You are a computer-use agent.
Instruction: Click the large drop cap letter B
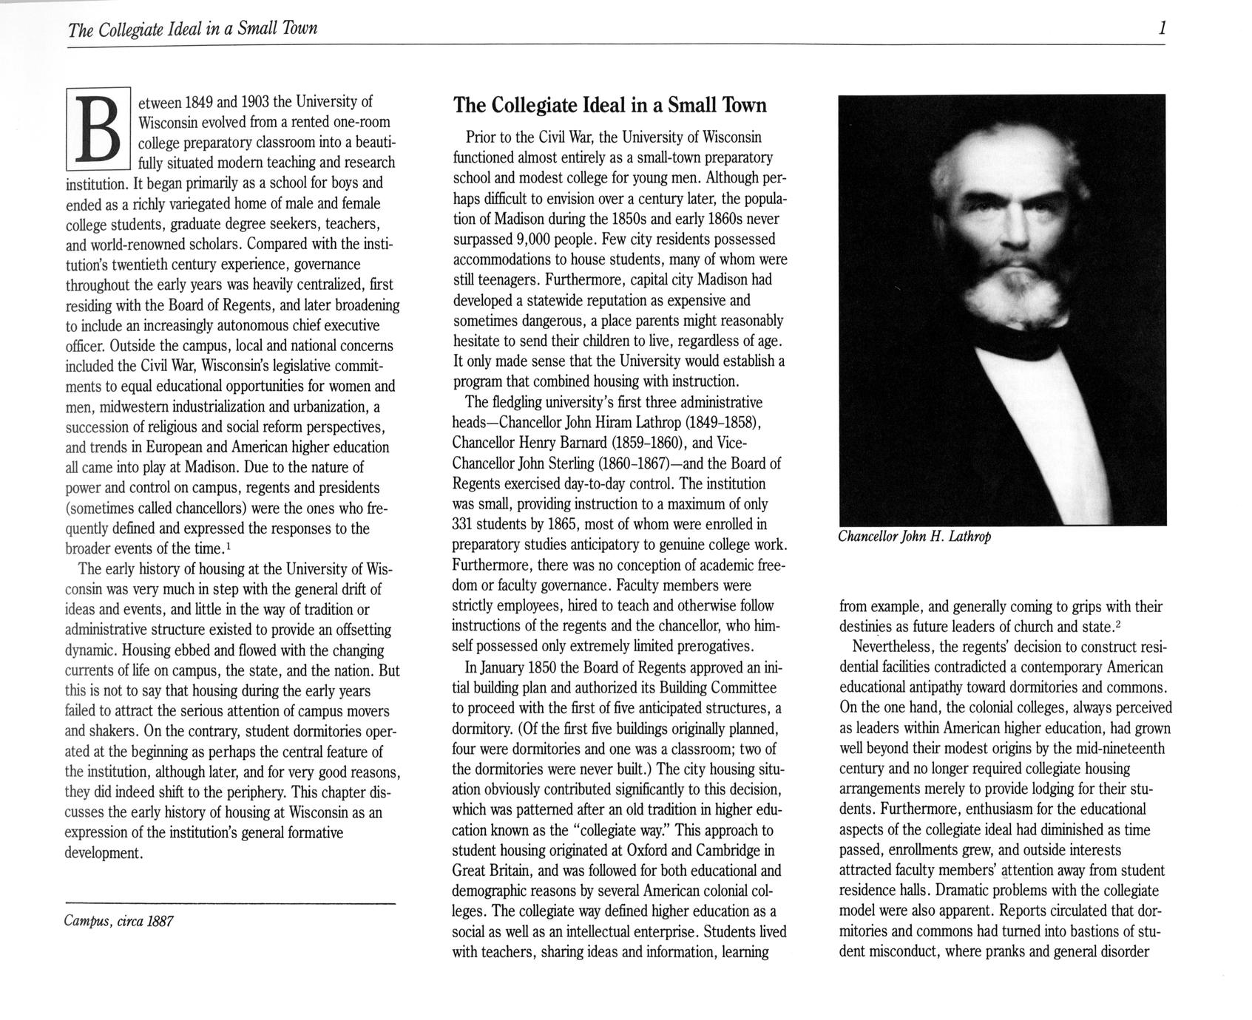(98, 130)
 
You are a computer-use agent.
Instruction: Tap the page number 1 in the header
(1163, 29)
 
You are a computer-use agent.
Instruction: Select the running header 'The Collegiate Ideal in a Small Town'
(192, 29)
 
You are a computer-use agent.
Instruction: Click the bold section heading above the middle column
(609, 106)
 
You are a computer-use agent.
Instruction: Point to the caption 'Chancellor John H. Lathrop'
(914, 537)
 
